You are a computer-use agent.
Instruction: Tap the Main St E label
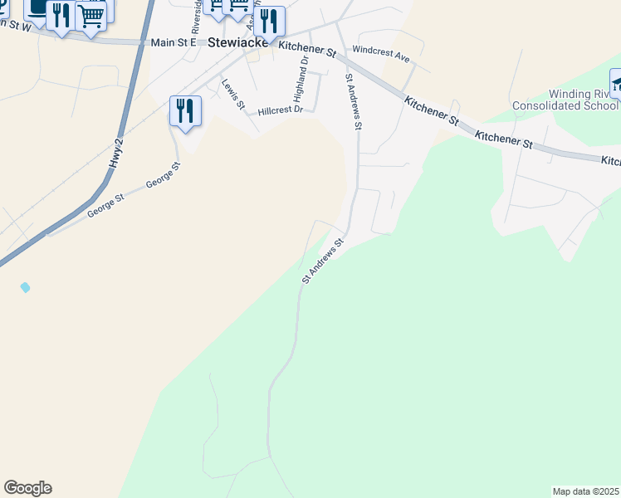pyautogui.click(x=173, y=41)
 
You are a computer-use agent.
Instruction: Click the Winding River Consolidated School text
pyautogui.click(x=564, y=100)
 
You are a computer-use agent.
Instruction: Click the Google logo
pyautogui.click(x=27, y=488)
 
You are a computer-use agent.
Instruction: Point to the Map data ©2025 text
pyautogui.click(x=585, y=491)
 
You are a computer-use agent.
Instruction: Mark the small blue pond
pyautogui.click(x=26, y=287)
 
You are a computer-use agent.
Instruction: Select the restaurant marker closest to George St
pyautogui.click(x=185, y=111)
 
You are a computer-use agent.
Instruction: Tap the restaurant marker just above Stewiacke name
pyautogui.click(x=269, y=21)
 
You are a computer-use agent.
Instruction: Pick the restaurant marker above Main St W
pyautogui.click(x=61, y=17)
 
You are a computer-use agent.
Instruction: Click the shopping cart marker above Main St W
pyautogui.click(x=90, y=17)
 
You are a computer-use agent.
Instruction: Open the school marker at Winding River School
pyautogui.click(x=619, y=83)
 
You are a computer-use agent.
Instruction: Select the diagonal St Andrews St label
pyautogui.click(x=323, y=262)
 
